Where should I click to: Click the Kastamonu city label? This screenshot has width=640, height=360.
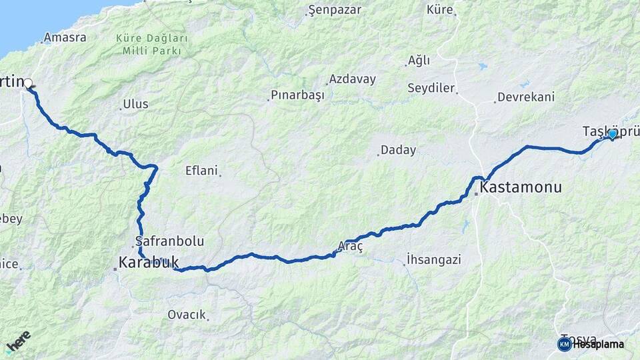coord(521,187)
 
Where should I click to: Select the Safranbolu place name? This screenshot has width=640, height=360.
coord(169,241)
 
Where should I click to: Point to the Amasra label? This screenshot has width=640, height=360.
coord(66,37)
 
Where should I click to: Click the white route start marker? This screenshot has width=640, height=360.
coord(28,83)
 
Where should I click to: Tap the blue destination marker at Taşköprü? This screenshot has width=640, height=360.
coord(612,134)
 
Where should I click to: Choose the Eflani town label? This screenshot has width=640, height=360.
coord(201,171)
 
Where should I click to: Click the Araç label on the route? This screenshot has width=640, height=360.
coord(350,246)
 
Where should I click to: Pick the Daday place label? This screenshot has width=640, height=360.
coord(399,150)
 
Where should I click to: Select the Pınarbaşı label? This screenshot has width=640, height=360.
coord(298,95)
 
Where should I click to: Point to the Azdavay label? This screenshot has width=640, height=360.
coord(352,79)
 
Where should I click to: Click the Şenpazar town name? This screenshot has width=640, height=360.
coord(334,10)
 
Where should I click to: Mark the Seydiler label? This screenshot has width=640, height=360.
coord(431,88)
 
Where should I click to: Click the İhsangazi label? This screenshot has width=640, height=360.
coord(434,259)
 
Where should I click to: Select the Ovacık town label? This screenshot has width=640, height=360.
coord(187,315)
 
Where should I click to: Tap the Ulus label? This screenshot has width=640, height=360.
coord(136,104)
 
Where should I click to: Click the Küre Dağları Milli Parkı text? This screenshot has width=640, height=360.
coord(152,45)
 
